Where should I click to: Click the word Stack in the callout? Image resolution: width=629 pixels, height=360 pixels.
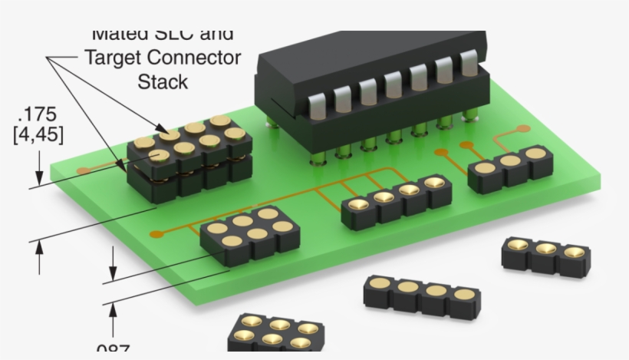[163, 81]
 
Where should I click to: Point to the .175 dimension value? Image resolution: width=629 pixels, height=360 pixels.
[37, 115]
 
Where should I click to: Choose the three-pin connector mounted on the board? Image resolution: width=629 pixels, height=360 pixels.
[510, 167]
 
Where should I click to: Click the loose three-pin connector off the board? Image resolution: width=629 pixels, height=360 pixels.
[545, 255]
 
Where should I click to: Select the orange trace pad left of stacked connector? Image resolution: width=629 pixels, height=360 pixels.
[83, 169]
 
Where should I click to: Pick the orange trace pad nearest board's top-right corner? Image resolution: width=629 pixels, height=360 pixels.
[524, 128]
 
